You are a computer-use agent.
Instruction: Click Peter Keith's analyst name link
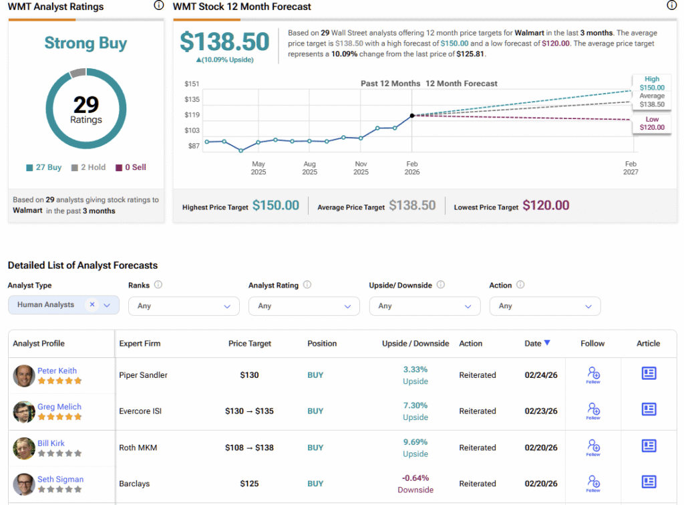[x=57, y=371]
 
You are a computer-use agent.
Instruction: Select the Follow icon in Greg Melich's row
[x=592, y=409]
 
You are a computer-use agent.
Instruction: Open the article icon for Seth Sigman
[x=648, y=482]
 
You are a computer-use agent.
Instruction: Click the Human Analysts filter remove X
[x=92, y=304]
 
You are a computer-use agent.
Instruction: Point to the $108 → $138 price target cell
[x=249, y=447]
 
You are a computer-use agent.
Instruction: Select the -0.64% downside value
[x=415, y=478]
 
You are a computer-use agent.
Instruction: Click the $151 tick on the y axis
[x=192, y=84]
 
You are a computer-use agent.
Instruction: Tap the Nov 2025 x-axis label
[x=361, y=168]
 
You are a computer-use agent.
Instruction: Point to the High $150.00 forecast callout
[x=652, y=83]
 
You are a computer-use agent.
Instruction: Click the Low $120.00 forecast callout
[x=652, y=123]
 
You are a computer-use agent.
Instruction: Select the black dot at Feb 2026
[x=412, y=116]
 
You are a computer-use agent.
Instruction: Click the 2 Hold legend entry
[x=88, y=167]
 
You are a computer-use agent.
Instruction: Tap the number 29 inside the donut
[x=86, y=104]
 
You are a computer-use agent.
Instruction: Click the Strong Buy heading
[x=85, y=43]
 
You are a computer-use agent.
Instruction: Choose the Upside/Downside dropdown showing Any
[x=424, y=306]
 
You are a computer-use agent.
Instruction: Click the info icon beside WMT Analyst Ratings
[x=158, y=6]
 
